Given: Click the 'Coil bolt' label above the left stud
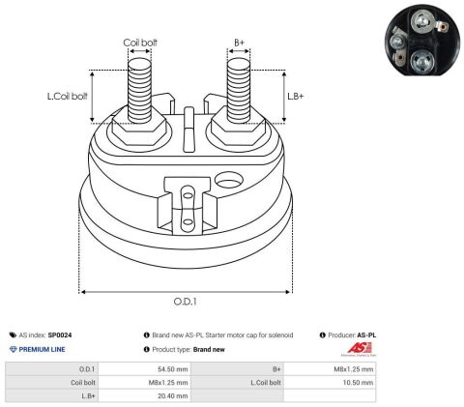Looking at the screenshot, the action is (140, 43).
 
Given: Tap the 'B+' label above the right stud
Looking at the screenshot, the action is (239, 43).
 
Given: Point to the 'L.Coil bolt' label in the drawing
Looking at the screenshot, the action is (68, 96).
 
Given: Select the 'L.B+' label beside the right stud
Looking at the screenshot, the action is (296, 96).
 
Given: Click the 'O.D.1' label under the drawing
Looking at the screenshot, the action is (185, 302).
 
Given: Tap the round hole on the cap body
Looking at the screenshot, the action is (228, 180).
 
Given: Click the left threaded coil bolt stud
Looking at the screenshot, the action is (139, 91).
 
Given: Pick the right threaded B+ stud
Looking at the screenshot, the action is (239, 91).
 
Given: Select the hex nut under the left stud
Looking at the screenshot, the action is (139, 129).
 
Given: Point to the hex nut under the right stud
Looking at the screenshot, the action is (239, 129).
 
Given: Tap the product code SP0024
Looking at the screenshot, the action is (60, 335).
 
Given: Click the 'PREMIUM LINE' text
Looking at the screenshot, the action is (42, 349).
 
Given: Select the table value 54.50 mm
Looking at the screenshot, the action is (173, 369).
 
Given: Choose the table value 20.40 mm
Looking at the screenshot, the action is (173, 396).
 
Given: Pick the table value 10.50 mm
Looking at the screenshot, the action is (358, 383).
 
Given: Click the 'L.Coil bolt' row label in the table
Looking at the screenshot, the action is (266, 383).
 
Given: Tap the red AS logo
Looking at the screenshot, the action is (360, 348).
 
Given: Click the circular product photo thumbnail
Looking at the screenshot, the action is (422, 40).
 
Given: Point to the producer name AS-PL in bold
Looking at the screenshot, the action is (366, 335).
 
